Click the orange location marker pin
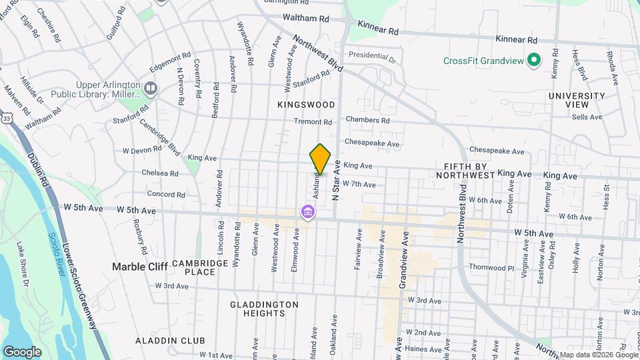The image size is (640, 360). tap(321, 159)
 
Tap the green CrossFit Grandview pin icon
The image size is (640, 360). tap(533, 61)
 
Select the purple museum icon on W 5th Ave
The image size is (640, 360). tap(307, 213)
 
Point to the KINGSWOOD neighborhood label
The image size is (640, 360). tap(306, 105)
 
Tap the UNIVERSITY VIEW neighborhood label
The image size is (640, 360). tap(577, 101)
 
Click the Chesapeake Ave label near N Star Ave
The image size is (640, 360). tap(373, 143)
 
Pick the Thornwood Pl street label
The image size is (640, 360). tap(492, 267)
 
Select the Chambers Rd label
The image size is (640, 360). tap(367, 121)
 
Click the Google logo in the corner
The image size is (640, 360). tap(22, 351)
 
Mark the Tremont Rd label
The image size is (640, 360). tap(313, 122)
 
